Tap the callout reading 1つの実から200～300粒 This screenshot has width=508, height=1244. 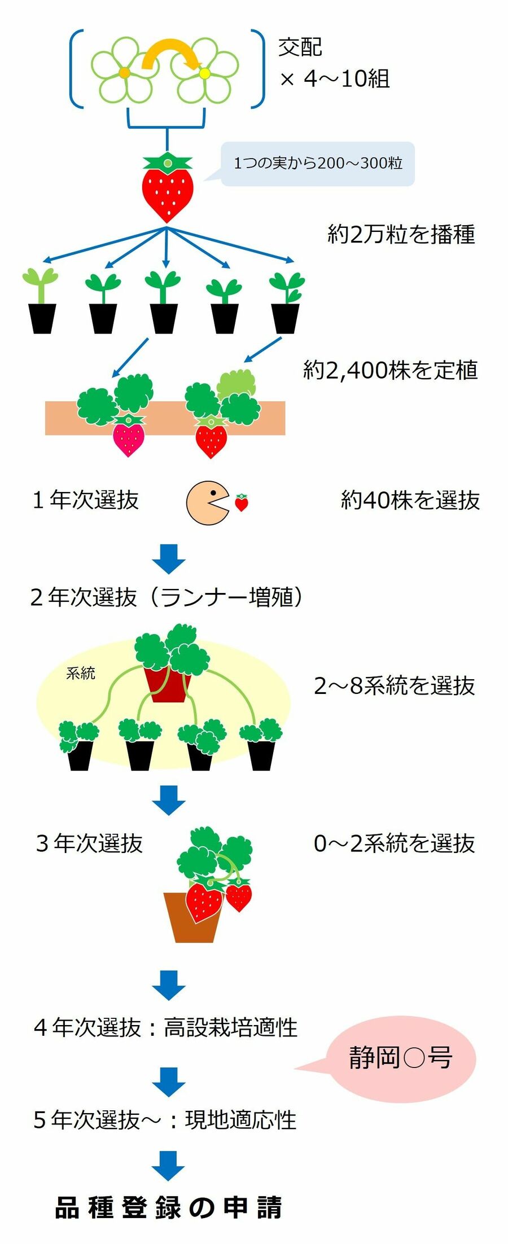pos(317,164)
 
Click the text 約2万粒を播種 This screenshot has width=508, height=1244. pos(401,234)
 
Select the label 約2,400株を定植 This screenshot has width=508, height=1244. pos(390,370)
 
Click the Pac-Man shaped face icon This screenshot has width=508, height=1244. pos(207,503)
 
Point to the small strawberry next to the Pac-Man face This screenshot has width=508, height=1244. pos(242,502)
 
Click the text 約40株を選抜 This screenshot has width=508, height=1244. pos(410,500)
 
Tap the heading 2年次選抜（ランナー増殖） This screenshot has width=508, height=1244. pos(167,597)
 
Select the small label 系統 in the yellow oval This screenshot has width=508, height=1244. pos(80,672)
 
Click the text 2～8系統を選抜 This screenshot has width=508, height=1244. pos(394,685)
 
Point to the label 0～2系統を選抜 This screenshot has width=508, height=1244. pos(394,843)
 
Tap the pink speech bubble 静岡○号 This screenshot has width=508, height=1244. pos(401,1058)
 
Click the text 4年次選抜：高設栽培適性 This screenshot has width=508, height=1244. pos(165,1027)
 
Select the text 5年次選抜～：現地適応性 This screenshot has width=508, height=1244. pos(165,1120)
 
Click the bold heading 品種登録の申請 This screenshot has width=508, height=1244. pos(168,1208)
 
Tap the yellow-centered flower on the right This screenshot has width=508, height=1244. pos(204,72)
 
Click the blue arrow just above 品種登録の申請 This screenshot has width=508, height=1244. pos(168,1166)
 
